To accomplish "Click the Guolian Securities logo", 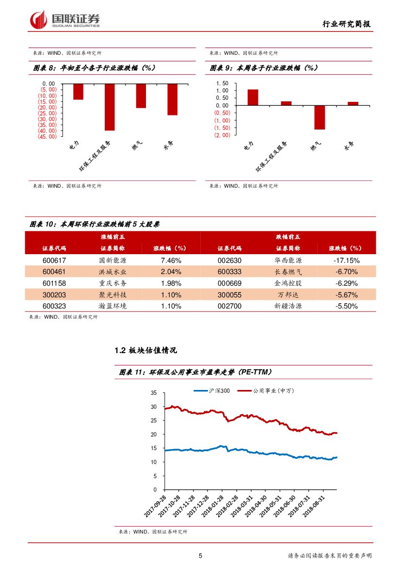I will click(65, 19).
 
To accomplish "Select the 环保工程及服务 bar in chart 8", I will click(110, 107).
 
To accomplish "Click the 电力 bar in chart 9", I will click(253, 97).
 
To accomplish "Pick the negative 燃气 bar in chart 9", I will click(319, 117).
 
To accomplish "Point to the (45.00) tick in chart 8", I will click(48, 137).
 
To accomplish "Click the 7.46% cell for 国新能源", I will click(171, 260).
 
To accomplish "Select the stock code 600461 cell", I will click(54, 272).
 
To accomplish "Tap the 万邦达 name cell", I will click(288, 295).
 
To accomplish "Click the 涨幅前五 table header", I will click(112, 237).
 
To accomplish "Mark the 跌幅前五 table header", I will click(288, 237).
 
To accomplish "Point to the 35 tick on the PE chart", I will click(154, 392).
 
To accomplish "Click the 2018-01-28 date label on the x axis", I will click(214, 506).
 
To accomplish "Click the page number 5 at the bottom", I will click(200, 556).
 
